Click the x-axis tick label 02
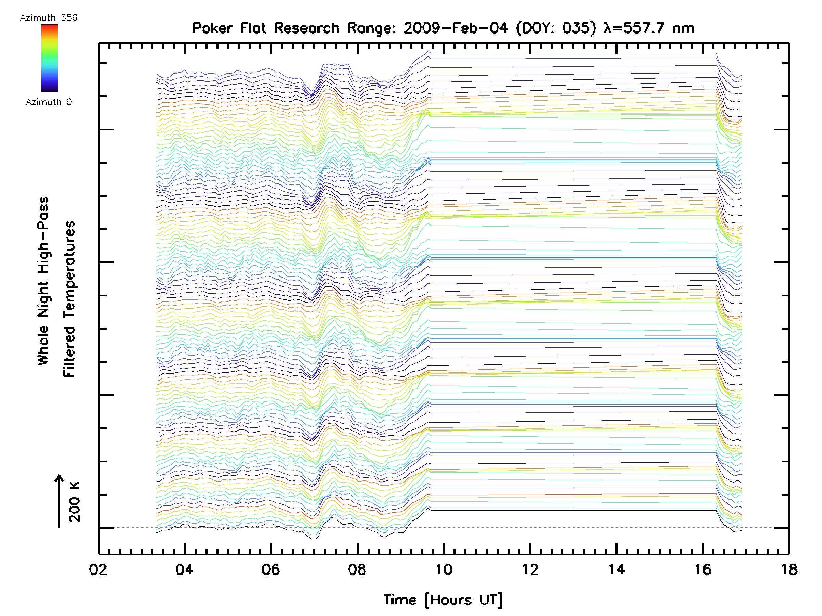[98, 569]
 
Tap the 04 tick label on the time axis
[185, 569]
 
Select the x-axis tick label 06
[271, 569]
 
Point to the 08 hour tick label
[357, 569]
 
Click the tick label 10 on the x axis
[444, 569]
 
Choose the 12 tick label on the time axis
[530, 569]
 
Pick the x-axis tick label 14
[616, 569]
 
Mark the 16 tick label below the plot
[703, 569]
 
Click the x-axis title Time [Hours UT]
[443, 600]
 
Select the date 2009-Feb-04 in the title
[456, 28]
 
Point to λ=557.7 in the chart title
[634, 28]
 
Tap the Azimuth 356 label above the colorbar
[49, 18]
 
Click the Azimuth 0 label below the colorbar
[49, 102]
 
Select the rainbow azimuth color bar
[49, 58]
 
